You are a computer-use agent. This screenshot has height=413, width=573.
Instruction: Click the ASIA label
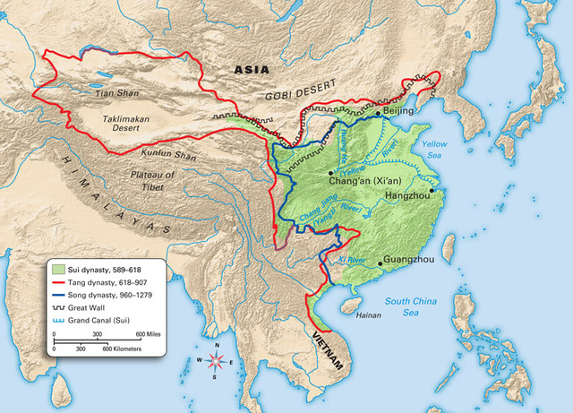pyautogui.click(x=252, y=69)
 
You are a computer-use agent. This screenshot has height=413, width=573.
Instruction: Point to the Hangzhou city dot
pyautogui.click(x=432, y=190)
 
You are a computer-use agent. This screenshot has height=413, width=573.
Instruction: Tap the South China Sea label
pyautogui.click(x=411, y=307)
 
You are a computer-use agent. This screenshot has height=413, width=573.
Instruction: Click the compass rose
pyautogui.click(x=215, y=361)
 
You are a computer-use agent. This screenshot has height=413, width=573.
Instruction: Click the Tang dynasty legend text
pyautogui.click(x=104, y=280)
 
